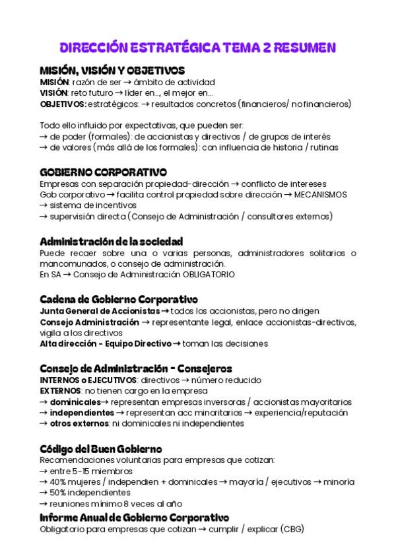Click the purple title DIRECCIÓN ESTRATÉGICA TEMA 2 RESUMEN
coord(198,48)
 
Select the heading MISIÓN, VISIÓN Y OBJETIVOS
coord(112,70)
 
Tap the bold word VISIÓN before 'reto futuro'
coord(53,93)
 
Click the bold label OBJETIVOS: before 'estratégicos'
coord(63,104)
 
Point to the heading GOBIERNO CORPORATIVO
coord(103,172)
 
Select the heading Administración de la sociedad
coord(111,241)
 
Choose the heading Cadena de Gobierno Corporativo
coord(119,299)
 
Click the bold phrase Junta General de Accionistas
coord(100,310)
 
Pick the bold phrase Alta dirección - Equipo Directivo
coord(105,343)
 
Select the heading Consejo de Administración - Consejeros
coord(135,368)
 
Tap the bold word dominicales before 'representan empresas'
coord(75,402)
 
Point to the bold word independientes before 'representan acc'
coord(82,412)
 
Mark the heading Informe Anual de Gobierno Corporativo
coord(134,517)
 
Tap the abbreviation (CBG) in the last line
coord(292,528)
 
